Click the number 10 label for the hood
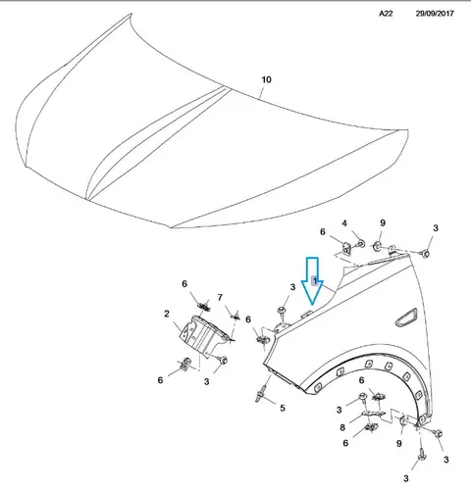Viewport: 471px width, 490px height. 266,79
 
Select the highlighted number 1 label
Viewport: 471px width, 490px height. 315,280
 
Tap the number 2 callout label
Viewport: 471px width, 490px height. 167,314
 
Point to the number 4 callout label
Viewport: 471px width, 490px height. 344,223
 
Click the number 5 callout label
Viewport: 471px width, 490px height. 283,408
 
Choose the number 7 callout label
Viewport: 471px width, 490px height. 220,297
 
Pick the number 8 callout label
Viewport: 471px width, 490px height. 342,427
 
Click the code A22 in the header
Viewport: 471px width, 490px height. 386,14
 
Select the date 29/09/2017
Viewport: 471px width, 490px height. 435,14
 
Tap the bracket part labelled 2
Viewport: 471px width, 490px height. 203,336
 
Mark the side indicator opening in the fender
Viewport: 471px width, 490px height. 406,318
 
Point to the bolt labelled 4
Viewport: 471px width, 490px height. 361,243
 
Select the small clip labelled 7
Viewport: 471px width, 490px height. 235,317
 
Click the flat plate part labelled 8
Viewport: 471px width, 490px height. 373,415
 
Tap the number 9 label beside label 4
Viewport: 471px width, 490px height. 383,222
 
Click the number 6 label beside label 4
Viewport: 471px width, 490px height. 323,231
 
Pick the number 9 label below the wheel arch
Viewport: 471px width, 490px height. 398,443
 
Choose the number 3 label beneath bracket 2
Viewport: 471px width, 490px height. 206,381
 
